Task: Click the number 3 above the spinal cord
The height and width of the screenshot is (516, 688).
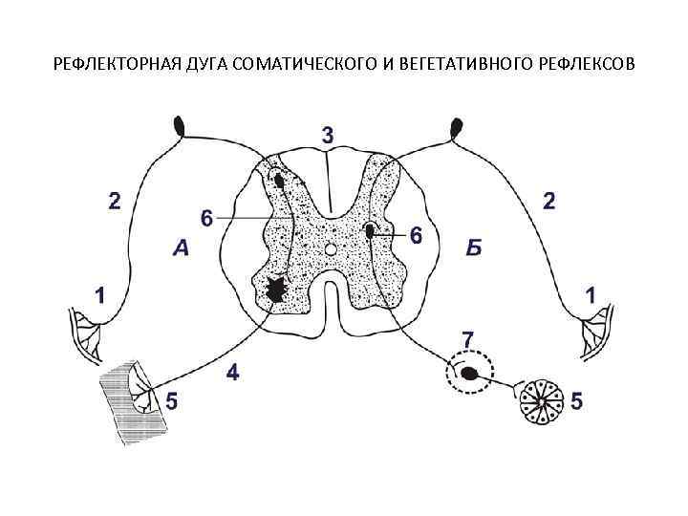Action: pyautogui.click(x=327, y=136)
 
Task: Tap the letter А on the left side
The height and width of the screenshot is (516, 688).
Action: pyautogui.click(x=183, y=249)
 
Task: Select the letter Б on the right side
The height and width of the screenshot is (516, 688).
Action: pyautogui.click(x=475, y=249)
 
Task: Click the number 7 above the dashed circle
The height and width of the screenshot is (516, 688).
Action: pyautogui.click(x=467, y=339)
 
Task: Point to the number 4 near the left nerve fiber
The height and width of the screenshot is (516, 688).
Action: pyautogui.click(x=232, y=372)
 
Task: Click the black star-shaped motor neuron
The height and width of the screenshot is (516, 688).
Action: pyautogui.click(x=277, y=288)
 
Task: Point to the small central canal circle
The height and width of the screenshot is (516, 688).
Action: pyautogui.click(x=330, y=248)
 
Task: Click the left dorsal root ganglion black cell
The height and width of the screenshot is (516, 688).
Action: pyautogui.click(x=181, y=125)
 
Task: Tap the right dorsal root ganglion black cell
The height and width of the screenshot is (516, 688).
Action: pyautogui.click(x=457, y=126)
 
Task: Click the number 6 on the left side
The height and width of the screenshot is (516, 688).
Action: pyautogui.click(x=206, y=219)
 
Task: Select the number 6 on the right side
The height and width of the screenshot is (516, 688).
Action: pyautogui.click(x=416, y=234)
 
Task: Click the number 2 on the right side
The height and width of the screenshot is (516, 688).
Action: pyautogui.click(x=548, y=201)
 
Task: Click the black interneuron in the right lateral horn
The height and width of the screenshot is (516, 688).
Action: pyautogui.click(x=370, y=230)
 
